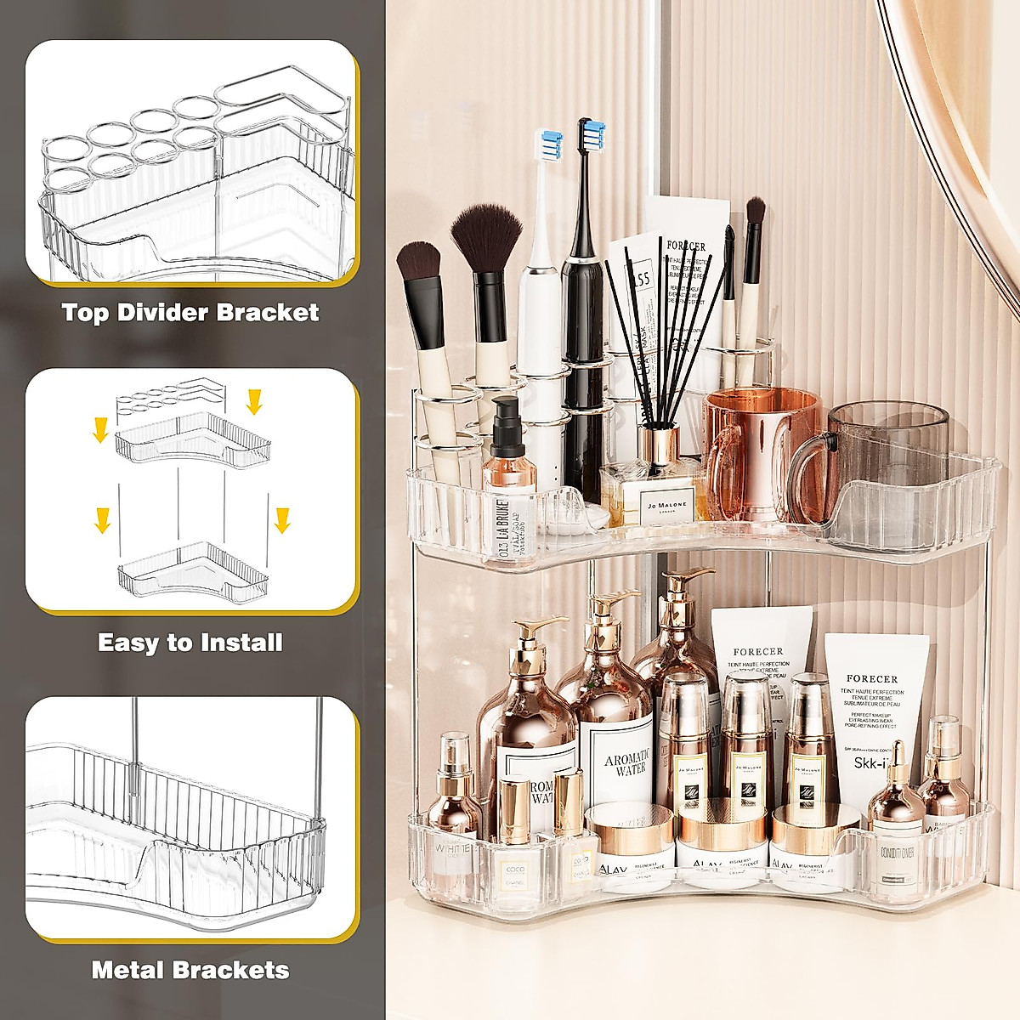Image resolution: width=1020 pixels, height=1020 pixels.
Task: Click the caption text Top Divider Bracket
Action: [190, 312]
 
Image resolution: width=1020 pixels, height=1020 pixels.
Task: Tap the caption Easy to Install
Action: [190, 642]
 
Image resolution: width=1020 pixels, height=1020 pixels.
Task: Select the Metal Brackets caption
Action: [190, 970]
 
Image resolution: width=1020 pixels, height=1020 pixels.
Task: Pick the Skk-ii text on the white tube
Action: [871, 762]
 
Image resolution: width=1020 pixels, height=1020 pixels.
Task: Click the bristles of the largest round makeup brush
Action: [486, 238]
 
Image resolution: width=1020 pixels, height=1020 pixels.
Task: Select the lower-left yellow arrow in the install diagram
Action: [103, 519]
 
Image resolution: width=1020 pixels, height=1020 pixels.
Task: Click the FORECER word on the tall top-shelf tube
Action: [686, 246]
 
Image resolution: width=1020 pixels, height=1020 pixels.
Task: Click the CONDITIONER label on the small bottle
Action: [897, 853]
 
